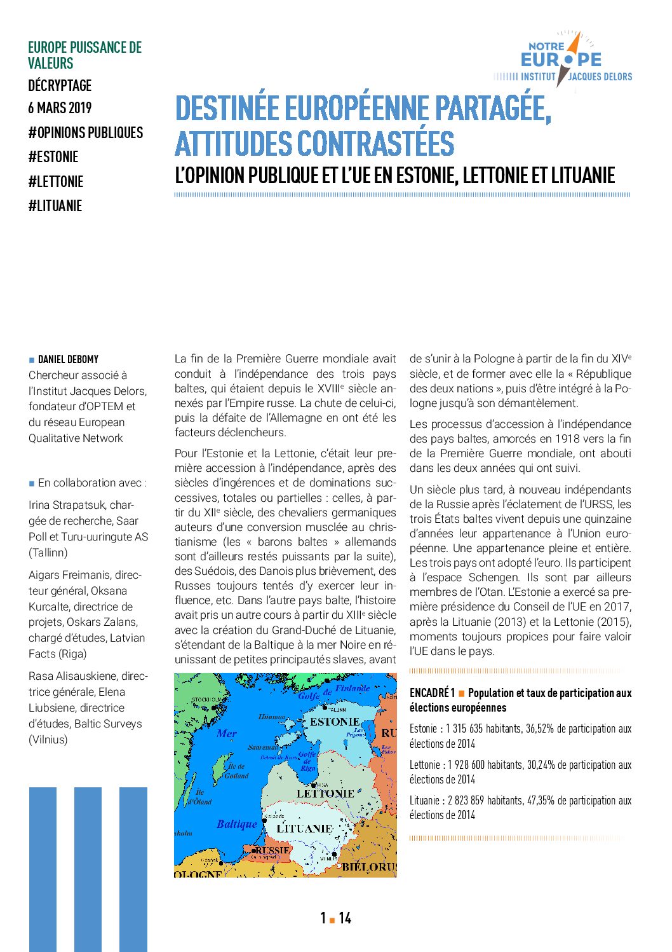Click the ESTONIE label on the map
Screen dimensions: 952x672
tap(334, 722)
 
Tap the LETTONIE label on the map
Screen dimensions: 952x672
tap(325, 794)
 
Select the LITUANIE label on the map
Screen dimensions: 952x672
tap(304, 829)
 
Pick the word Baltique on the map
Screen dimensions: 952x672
tap(237, 824)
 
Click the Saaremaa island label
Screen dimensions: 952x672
tap(263, 747)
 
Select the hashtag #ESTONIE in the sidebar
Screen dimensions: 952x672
tap(53, 157)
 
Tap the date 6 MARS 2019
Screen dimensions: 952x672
tap(60, 108)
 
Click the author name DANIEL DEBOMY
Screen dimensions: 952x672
tap(68, 359)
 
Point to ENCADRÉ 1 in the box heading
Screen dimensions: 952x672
tap(432, 693)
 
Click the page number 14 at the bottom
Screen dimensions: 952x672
tap(345, 918)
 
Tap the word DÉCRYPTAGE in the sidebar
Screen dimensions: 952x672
tap(60, 86)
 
